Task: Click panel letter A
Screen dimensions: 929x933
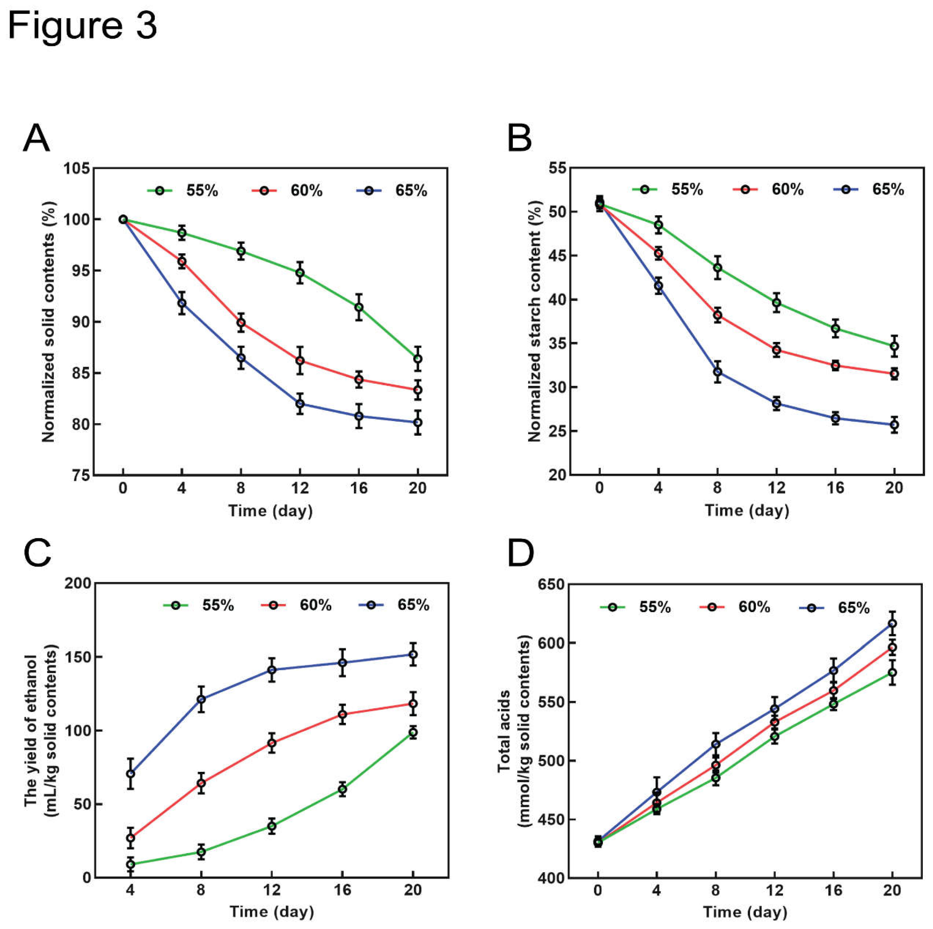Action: (x=36, y=139)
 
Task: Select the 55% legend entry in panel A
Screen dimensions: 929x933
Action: (x=183, y=191)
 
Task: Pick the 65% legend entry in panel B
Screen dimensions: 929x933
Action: (x=869, y=190)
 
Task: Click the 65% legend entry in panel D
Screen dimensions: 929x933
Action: (x=835, y=608)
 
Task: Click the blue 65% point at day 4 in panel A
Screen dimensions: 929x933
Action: (x=182, y=303)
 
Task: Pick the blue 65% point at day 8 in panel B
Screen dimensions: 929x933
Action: (x=718, y=372)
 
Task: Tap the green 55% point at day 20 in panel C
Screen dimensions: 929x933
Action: (x=413, y=732)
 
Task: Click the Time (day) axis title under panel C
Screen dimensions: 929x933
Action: (x=271, y=912)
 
